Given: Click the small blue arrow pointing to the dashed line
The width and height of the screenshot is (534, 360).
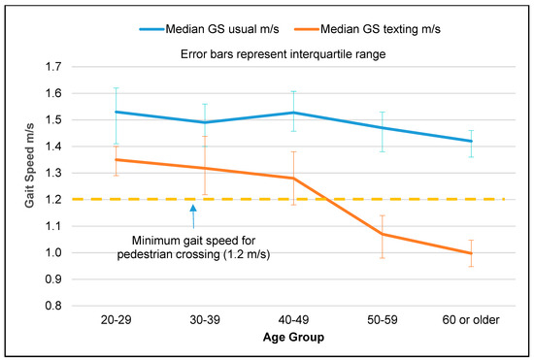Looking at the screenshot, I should [x=193, y=208].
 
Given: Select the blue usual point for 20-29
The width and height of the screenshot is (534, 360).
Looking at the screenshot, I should [x=115, y=112].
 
